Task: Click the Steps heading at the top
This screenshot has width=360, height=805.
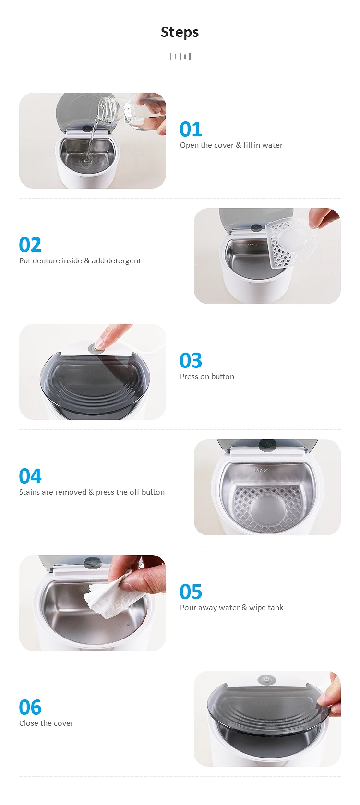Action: (180, 32)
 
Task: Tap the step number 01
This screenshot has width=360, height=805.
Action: (191, 130)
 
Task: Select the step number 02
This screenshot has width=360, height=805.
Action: (30, 245)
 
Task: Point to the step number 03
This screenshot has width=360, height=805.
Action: (191, 360)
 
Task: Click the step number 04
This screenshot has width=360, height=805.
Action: (30, 476)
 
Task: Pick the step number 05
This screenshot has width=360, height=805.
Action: (191, 592)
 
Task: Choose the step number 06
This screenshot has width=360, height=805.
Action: (30, 708)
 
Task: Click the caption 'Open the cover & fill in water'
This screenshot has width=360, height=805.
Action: (231, 145)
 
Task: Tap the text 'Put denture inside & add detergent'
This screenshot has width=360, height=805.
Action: (80, 261)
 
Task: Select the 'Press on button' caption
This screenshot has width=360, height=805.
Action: (207, 377)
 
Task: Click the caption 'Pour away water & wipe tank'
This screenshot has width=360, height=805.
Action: (232, 608)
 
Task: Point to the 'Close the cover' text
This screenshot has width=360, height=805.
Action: (47, 723)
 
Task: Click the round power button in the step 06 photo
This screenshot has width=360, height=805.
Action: (266, 680)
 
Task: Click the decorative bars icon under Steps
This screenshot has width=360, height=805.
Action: (180, 57)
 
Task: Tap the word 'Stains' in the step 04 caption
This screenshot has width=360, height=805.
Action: (29, 492)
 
